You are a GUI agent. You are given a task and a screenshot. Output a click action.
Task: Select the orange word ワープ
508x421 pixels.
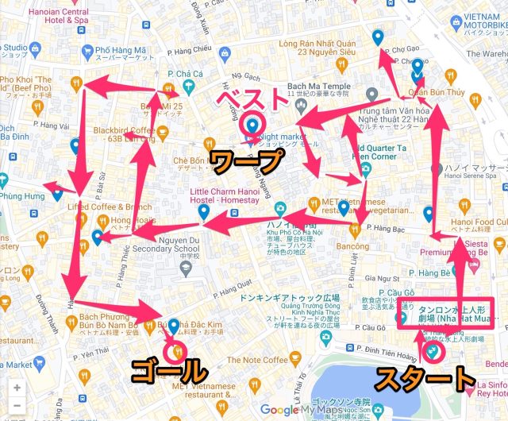246,163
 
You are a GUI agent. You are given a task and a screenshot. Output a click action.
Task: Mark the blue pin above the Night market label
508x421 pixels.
253,126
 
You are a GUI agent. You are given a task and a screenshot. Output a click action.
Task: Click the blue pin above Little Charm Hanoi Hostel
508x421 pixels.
204,213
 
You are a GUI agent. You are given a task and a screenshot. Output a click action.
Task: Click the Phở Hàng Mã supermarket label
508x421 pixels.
119,53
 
